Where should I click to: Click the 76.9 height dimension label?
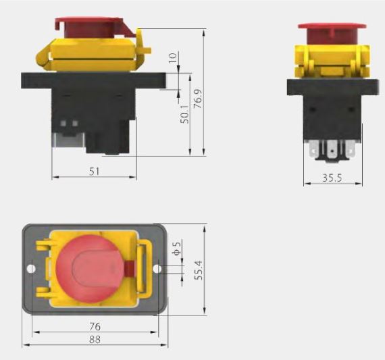[198, 99]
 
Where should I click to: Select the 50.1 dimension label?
[184, 114]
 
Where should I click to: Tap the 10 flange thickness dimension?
[173, 58]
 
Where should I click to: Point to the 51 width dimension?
[95, 172]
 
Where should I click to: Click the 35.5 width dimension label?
[332, 178]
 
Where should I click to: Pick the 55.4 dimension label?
[199, 270]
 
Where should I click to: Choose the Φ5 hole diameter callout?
[177, 248]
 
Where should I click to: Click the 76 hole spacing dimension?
[95, 327]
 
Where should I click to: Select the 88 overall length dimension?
[95, 340]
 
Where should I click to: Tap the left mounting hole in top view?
[31, 269]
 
